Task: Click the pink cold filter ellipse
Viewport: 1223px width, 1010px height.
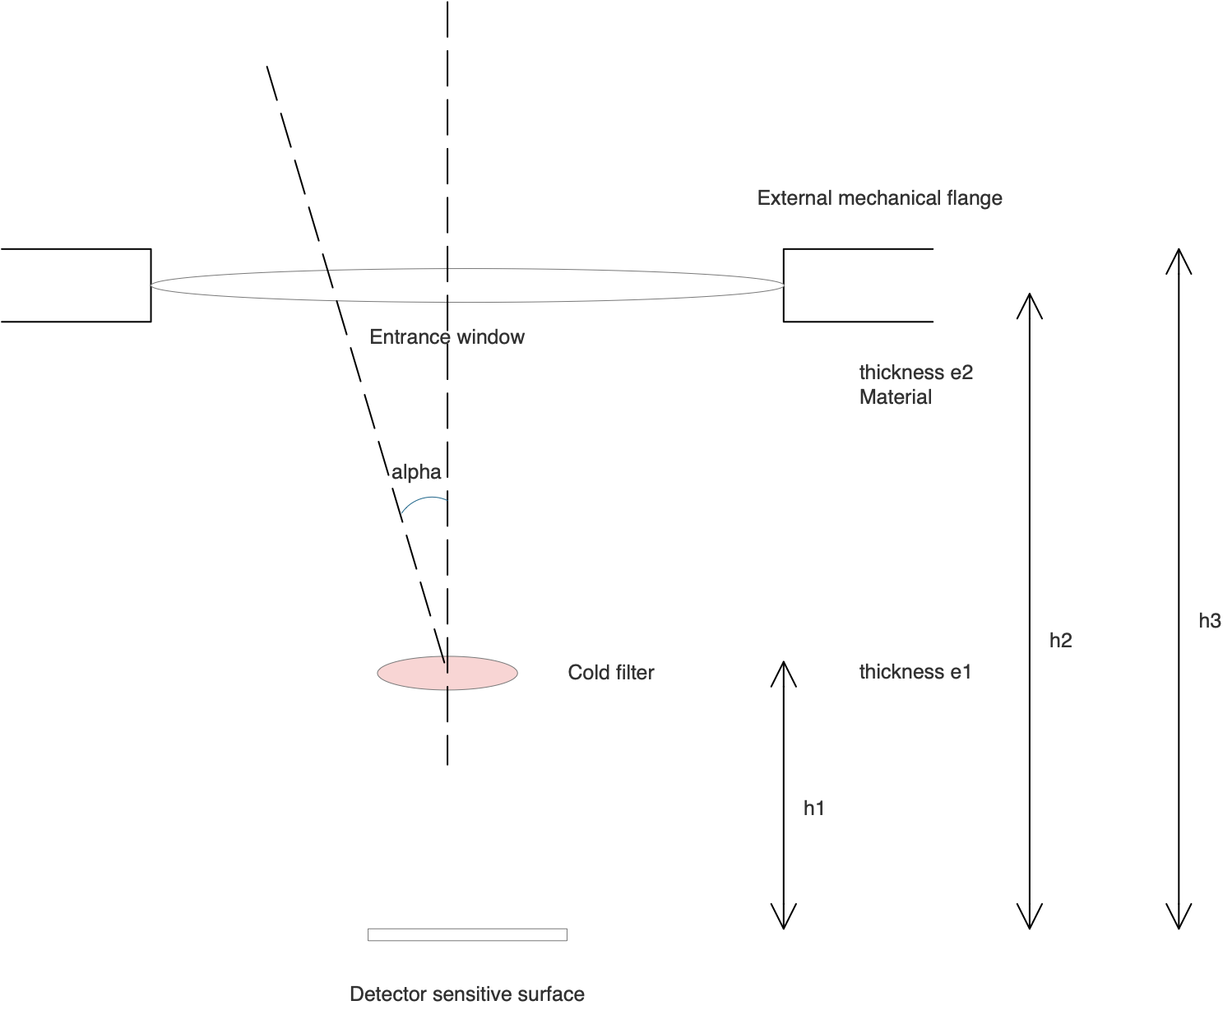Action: (477, 673)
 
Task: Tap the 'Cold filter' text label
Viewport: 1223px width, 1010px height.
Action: (610, 673)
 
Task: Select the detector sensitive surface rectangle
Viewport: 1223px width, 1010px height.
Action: (467, 934)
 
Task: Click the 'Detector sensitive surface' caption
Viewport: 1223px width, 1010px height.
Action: (466, 994)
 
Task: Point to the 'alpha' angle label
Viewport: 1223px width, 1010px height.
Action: (416, 472)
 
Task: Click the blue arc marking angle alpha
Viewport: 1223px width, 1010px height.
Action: (421, 502)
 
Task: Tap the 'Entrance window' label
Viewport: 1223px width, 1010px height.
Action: (447, 337)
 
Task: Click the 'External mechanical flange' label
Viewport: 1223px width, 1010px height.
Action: (879, 198)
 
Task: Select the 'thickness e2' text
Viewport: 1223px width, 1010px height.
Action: (915, 373)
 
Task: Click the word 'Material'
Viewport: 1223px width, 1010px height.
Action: (895, 397)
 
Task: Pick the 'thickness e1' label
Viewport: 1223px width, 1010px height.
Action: (915, 672)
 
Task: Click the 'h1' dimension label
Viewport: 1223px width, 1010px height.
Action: (813, 808)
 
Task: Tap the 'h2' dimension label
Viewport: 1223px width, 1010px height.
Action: (1060, 641)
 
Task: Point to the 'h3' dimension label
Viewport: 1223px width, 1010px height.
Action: (1209, 621)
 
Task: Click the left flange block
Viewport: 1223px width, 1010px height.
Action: (76, 285)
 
